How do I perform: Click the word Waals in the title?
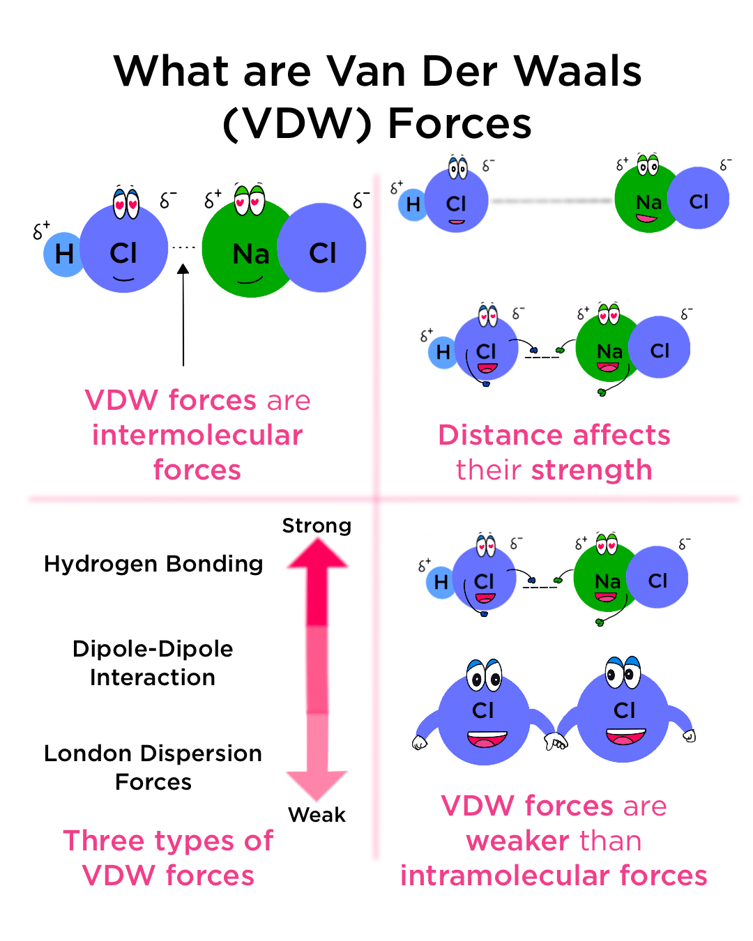coord(577,71)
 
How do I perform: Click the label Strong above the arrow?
coord(317,526)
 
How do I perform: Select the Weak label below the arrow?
coord(317,814)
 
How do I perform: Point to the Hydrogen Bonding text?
coord(153,563)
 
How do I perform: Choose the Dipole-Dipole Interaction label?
coord(153,663)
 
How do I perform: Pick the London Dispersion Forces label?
coord(153,767)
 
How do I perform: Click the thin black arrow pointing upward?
coord(183,314)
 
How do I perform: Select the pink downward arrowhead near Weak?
coord(317,783)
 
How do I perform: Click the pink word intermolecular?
coord(197,435)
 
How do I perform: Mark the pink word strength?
coord(591,470)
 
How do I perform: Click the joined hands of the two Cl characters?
coord(556,742)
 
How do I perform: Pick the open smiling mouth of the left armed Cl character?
coord(487,739)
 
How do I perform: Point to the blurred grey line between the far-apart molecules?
coord(552,201)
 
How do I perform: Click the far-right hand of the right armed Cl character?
coord(689,735)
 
